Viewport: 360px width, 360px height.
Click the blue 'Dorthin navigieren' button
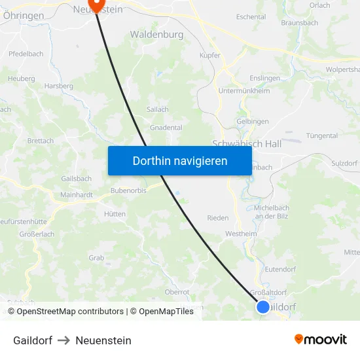[x=180, y=160]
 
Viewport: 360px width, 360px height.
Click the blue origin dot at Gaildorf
[x=262, y=306]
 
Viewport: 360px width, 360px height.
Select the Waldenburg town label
[x=156, y=33]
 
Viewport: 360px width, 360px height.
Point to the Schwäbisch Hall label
[x=246, y=143]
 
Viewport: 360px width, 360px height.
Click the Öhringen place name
[x=24, y=15]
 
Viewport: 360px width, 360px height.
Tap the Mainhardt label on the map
[x=76, y=194]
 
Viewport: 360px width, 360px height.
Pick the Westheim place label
[x=241, y=233]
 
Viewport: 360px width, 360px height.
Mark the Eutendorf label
[x=281, y=268]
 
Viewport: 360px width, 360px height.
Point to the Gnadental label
[x=166, y=128]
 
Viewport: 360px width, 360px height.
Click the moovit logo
[x=321, y=340]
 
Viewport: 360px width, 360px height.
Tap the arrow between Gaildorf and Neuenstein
[x=63, y=340]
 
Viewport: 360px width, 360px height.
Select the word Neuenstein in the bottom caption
[x=103, y=340]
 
